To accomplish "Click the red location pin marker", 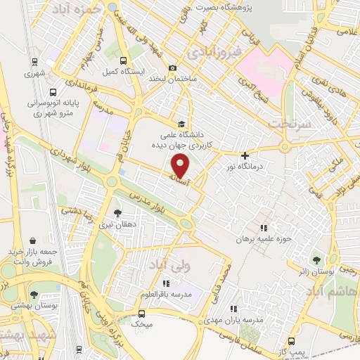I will pos(181,167).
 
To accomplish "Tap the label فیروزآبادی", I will pos(219,51).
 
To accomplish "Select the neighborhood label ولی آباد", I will pos(169,266).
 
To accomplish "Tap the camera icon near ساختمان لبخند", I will pos(172,67).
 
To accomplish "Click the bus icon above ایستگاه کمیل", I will pos(123,60).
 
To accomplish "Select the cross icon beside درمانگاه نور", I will pos(245,155).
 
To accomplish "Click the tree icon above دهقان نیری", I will pos(117,213).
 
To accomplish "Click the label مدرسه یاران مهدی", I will pos(238,319).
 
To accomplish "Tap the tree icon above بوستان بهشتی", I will pos(34,295).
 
